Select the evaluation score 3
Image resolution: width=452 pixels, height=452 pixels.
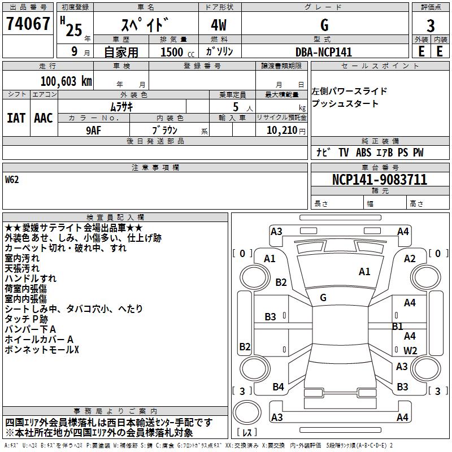pos(431,25)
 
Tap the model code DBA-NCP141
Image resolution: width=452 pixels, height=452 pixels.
pos(324,52)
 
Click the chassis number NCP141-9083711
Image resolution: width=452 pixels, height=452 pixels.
pos(379,180)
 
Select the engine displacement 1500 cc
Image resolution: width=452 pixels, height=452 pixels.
pos(173,52)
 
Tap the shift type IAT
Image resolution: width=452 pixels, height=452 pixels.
pos(16,118)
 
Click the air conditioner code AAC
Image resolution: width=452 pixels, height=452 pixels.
pos(44,118)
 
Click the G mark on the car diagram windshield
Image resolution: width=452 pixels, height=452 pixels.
pos(323,297)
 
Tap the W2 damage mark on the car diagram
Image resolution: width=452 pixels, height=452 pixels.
pos(410,351)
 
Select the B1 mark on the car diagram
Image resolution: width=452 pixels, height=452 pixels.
pos(398,326)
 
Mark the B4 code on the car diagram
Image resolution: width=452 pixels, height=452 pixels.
pos(278,387)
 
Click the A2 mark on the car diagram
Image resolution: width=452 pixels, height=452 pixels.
pos(410,259)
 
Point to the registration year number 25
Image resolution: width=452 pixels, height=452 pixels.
pos(74,30)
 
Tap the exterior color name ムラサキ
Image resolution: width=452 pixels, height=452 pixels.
pos(121,106)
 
